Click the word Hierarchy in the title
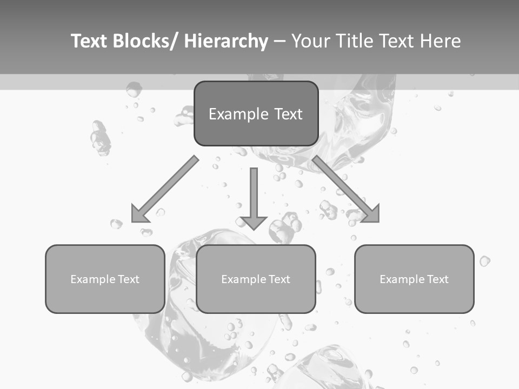pyautogui.click(x=226, y=41)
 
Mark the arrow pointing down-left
pyautogui.click(x=168, y=187)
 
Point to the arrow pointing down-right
pyautogui.click(x=343, y=187)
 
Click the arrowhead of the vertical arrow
pyautogui.click(x=254, y=222)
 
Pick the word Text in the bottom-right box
pyautogui.click(x=438, y=279)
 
